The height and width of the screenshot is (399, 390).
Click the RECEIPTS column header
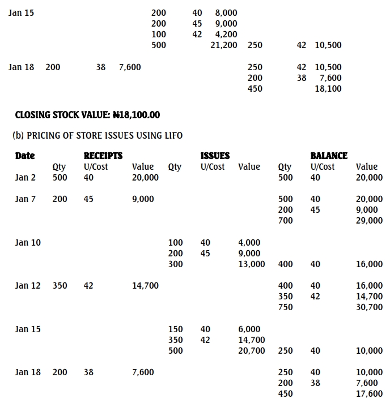coord(103,156)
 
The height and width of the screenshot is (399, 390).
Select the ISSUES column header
coord(215,156)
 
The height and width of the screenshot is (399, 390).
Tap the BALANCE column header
coord(329,156)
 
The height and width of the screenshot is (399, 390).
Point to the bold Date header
coord(25,156)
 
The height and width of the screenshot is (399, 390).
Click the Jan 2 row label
coord(25,178)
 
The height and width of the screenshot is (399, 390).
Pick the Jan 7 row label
coord(25,199)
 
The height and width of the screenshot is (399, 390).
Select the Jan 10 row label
coord(28,243)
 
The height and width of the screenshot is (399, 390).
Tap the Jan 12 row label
coord(28,286)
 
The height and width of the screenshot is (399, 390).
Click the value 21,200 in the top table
coord(224,45)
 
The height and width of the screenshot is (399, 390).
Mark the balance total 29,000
coord(369,221)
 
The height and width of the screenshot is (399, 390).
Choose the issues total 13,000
coord(252,264)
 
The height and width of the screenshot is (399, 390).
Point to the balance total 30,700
coord(369,307)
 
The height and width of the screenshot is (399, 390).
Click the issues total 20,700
coord(252,351)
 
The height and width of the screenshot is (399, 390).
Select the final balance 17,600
coord(369,394)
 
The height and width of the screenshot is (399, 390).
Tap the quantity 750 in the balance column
coord(286,307)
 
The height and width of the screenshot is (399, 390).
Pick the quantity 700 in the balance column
coord(286,221)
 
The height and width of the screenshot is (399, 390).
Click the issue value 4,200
coord(226,35)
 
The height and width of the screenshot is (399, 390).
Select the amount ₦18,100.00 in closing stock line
coord(136,115)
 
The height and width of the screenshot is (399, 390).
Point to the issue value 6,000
coord(249,329)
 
